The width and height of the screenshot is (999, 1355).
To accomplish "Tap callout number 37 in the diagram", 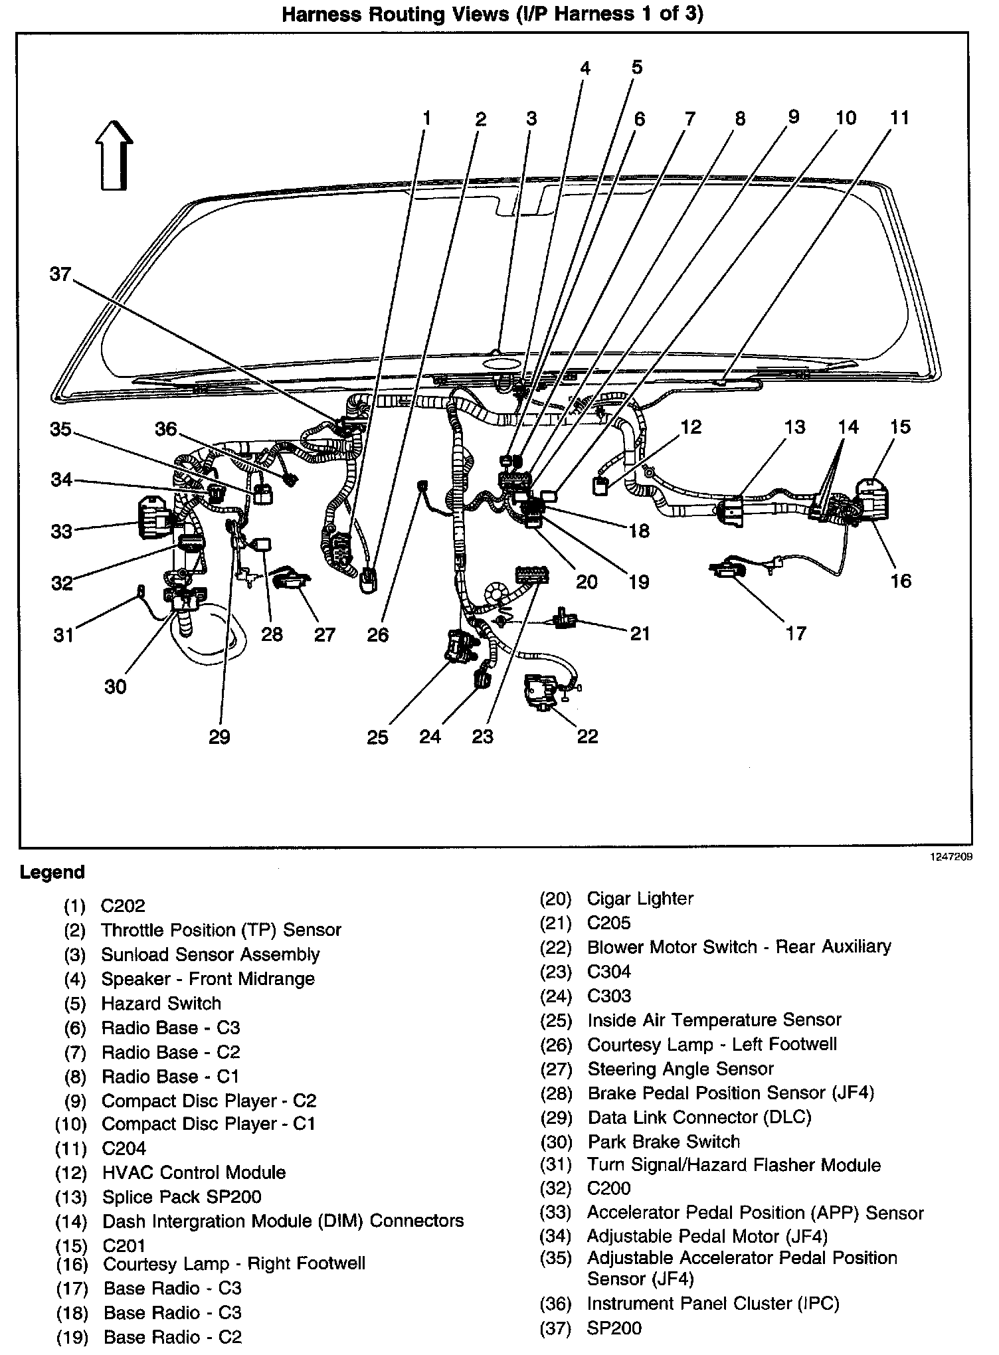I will pos(60,274).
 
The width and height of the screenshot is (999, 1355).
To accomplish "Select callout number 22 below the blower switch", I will pos(587,736).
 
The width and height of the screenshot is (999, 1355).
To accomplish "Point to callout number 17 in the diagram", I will pos(795,633).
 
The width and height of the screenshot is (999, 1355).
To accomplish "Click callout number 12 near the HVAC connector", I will pos(691,426).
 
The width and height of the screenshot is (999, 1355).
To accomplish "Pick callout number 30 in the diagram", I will pos(116,686).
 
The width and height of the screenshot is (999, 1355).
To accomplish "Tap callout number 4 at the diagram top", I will pos(585,68).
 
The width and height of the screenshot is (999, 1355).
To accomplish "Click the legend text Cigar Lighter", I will pos(640,899).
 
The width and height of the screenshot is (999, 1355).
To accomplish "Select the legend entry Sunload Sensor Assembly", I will pos(210,954).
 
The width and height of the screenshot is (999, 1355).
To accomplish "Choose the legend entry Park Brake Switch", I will pos(663,1141).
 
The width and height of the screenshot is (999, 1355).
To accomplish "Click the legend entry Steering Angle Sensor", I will pos(680,1069).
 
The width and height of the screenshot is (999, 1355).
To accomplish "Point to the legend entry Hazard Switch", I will pos(161,1003).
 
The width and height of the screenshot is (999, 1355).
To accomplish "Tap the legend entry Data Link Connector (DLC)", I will pos(699,1117).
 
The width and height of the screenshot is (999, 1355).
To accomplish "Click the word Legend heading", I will pos(52,872).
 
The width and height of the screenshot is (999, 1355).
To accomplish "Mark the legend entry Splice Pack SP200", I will pos(181,1197).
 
